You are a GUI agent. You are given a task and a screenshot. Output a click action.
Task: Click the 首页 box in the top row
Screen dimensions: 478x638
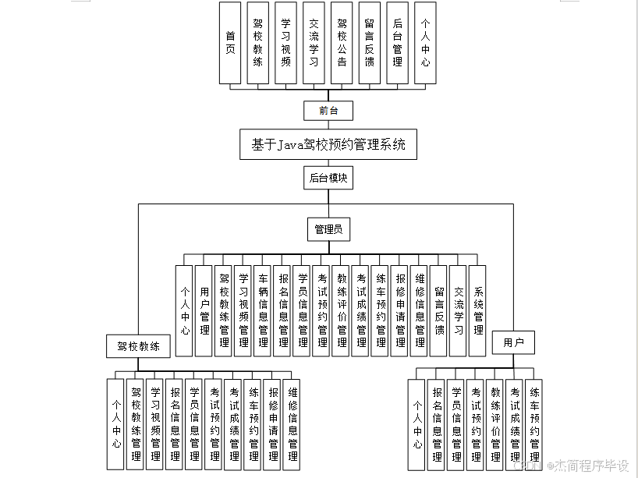(230, 43)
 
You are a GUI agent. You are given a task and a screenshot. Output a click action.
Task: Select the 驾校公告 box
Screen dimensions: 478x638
(342, 43)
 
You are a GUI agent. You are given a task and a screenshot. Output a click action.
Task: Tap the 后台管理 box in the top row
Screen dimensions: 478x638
(397, 43)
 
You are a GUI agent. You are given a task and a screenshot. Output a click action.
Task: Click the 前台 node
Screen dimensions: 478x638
(329, 110)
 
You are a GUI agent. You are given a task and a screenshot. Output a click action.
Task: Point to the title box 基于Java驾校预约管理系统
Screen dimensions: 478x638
(328, 144)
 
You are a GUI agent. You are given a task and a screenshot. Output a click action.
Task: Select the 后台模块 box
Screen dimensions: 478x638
(328, 178)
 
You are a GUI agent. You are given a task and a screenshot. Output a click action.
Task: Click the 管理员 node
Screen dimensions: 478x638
(328, 229)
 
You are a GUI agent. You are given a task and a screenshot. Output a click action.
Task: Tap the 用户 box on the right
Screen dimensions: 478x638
(514, 342)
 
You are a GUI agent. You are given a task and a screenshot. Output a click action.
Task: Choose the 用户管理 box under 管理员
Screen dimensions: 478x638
(204, 310)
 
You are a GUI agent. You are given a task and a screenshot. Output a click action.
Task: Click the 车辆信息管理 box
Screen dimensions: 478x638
(264, 310)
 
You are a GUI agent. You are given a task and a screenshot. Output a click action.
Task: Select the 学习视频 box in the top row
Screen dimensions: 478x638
(286, 43)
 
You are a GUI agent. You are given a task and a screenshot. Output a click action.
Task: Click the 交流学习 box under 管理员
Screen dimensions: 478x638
(459, 310)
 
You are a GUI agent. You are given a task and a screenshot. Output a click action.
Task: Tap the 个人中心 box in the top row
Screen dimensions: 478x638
(424, 43)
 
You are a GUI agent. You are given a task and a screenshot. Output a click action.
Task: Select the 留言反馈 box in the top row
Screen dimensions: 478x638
(370, 43)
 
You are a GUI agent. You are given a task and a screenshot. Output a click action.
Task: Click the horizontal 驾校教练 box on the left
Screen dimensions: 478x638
(139, 345)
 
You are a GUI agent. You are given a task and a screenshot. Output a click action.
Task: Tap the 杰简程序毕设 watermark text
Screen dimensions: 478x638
(590, 466)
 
